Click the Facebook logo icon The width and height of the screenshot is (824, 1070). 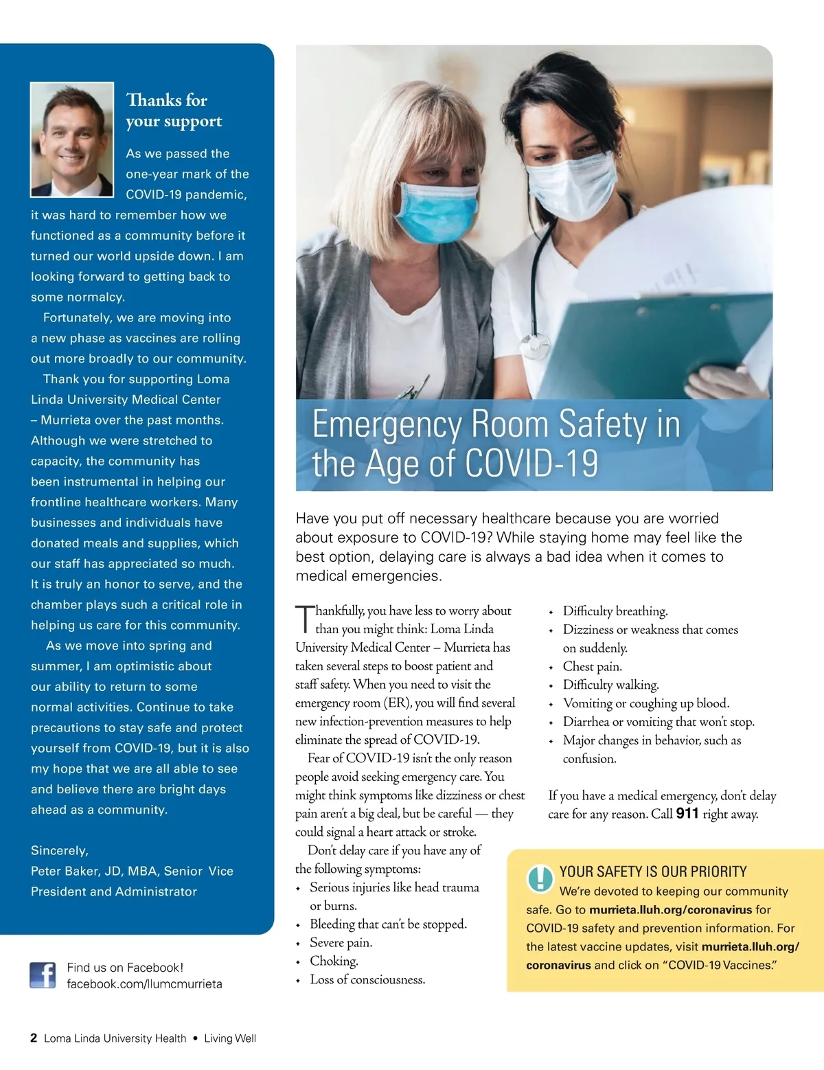[43, 975]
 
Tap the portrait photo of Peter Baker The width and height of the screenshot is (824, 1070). [72, 139]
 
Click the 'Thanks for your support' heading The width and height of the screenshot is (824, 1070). [174, 111]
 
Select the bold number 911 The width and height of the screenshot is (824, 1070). [687, 814]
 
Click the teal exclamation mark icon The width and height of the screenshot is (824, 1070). [540, 878]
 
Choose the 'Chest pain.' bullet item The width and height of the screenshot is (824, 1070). [592, 667]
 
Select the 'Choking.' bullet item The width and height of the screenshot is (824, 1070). [334, 961]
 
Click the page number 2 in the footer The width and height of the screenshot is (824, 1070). [34, 1038]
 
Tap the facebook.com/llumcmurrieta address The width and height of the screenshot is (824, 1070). [144, 984]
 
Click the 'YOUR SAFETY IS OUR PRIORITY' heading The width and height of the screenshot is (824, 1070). [652, 872]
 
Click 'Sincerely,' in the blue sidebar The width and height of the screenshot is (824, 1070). [60, 851]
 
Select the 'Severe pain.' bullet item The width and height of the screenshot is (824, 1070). [341, 943]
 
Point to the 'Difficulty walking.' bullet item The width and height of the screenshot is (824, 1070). [610, 685]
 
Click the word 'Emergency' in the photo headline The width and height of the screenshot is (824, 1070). [387, 425]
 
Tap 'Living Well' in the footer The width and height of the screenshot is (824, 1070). [230, 1038]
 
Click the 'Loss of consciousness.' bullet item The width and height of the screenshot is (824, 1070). [367, 980]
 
